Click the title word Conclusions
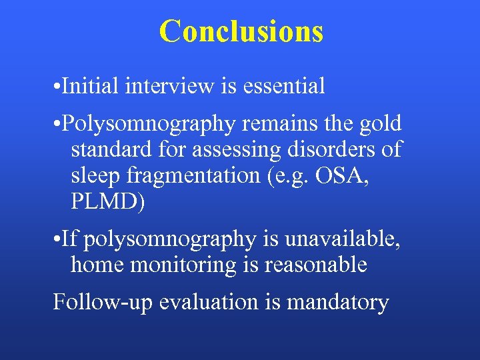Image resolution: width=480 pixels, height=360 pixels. (x=241, y=31)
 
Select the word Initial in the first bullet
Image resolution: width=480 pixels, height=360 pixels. (x=91, y=86)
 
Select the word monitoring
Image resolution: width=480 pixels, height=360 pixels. (x=184, y=266)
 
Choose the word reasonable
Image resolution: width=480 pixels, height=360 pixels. (x=316, y=265)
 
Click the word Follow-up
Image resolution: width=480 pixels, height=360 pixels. (x=94, y=303)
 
